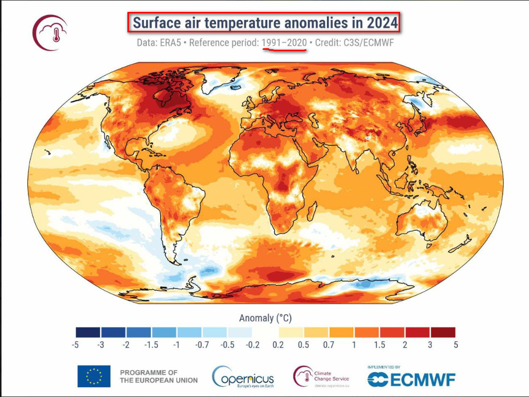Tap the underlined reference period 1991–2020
284,43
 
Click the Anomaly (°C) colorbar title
265,317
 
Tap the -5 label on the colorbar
76,344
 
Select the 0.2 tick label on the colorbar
278,344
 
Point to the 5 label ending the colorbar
455,344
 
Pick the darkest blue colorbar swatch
88,332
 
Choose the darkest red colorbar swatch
443,332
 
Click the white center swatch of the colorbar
265,332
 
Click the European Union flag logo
94,376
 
